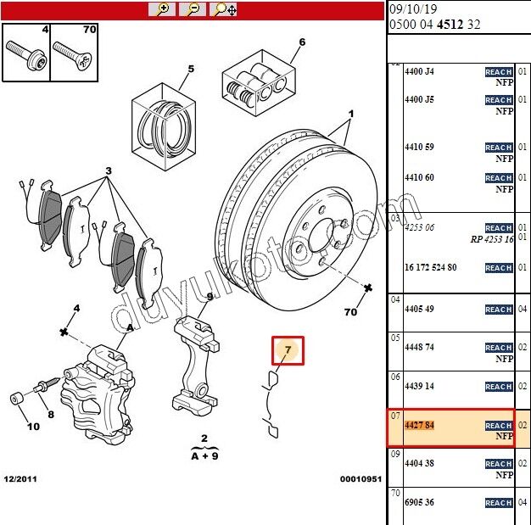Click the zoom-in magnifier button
[x=161, y=9]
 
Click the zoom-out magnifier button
[x=193, y=9]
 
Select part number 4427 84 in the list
[x=419, y=425]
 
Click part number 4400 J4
[x=419, y=72]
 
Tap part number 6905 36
[x=419, y=503]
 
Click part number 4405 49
[x=419, y=309]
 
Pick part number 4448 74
[x=419, y=348]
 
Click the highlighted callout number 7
[x=288, y=349]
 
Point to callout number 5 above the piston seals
[x=191, y=70]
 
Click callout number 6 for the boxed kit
[x=301, y=42]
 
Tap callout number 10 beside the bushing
[x=33, y=426]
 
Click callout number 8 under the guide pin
[x=50, y=415]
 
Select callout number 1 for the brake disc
[x=350, y=113]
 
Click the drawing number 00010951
[x=360, y=479]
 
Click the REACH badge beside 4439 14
[x=498, y=387]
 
